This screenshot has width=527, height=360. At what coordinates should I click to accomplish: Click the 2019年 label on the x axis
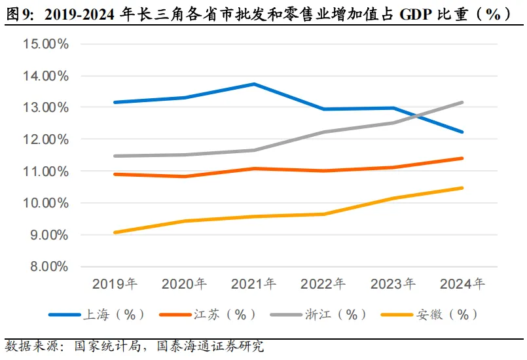point(115,285)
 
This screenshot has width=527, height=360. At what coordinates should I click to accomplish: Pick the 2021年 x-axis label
point(254,285)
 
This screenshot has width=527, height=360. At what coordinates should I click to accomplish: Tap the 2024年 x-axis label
point(462,285)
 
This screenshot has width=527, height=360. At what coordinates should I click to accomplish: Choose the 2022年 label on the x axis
point(323,285)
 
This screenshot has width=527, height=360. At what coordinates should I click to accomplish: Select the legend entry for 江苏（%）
point(208,315)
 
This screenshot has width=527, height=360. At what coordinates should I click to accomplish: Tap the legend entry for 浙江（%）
point(318,315)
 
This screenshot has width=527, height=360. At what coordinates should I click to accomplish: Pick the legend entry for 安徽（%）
point(429,315)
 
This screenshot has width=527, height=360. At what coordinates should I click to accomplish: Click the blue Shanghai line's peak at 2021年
point(254,84)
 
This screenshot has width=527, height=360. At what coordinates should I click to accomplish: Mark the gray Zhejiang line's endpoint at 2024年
point(462,102)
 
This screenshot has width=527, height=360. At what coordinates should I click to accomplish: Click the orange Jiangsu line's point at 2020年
point(185,176)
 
